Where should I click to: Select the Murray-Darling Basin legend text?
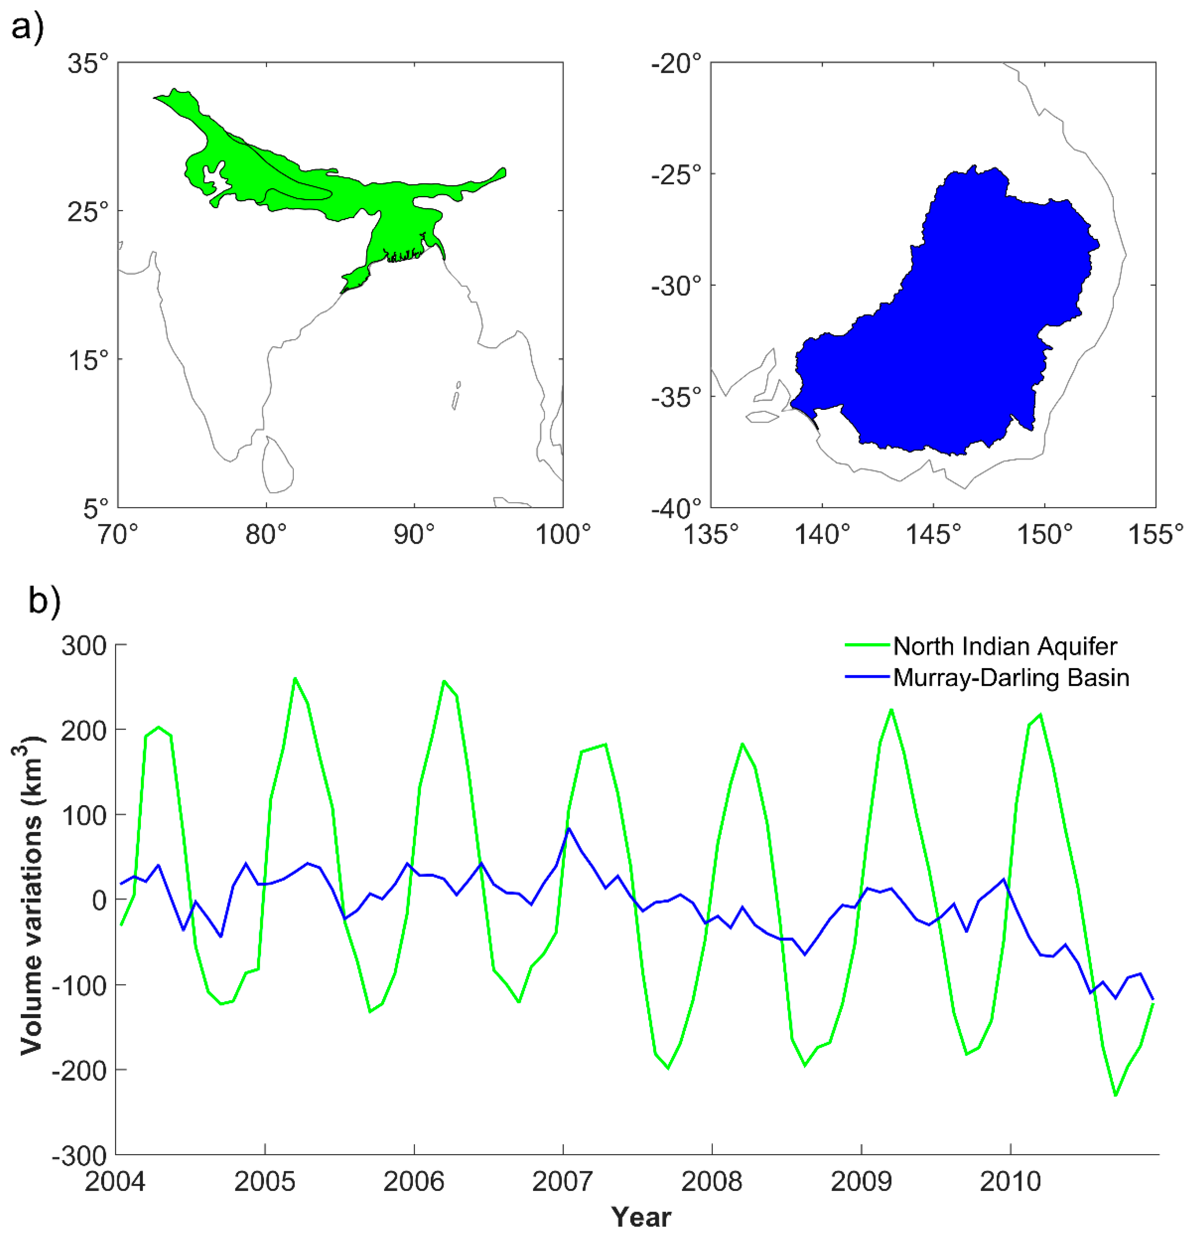click(1010, 678)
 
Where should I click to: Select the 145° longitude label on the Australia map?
click(933, 535)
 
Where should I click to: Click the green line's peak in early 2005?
click(295, 678)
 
